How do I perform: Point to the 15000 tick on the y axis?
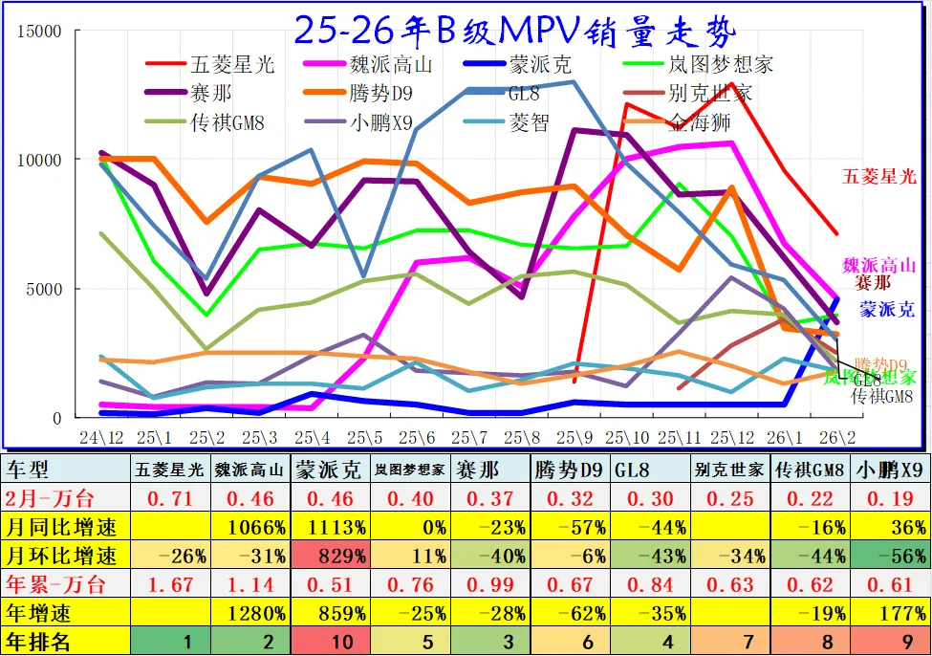click(41, 32)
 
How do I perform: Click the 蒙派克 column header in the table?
click(327, 470)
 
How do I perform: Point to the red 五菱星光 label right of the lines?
click(879, 176)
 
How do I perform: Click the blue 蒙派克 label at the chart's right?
click(886, 309)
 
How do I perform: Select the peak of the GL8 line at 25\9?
click(573, 81)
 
